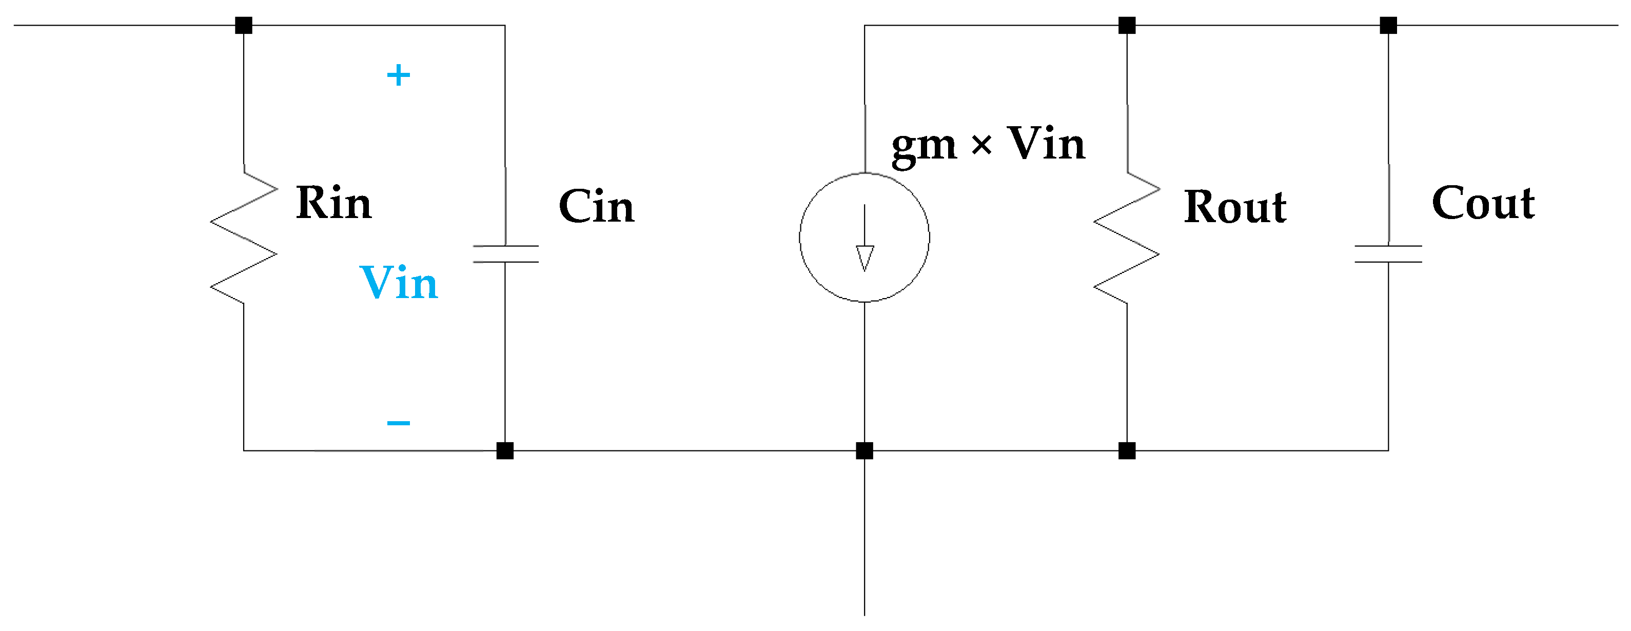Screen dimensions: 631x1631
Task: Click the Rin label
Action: point(333,203)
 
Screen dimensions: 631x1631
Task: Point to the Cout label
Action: point(1483,203)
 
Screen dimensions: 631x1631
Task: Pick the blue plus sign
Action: point(398,75)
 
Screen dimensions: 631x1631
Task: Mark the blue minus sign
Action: point(398,423)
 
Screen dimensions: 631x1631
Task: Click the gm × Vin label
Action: point(988,144)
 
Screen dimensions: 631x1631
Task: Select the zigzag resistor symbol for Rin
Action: point(244,238)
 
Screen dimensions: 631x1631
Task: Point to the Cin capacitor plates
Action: point(505,254)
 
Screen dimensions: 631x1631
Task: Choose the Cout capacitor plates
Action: point(1388,254)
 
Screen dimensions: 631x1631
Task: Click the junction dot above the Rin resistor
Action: point(244,25)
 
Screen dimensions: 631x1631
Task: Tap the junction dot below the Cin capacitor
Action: point(505,450)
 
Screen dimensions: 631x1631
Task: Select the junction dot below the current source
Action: point(864,450)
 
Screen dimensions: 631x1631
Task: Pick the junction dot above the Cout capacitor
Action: point(1388,25)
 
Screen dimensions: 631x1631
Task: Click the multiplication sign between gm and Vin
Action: point(981,146)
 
